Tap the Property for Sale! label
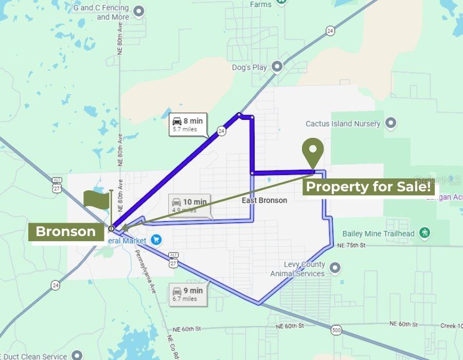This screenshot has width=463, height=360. click(x=368, y=187)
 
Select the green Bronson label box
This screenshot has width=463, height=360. click(x=65, y=232)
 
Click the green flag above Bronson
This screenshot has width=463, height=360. click(x=97, y=200)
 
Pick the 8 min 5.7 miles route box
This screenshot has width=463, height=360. click(x=188, y=125)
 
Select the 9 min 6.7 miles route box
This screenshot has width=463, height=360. click(x=188, y=294)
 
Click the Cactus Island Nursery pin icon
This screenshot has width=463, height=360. click(x=391, y=123)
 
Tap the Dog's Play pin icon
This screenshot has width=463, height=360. click(x=277, y=67)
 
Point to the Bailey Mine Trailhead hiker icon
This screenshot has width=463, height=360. click(x=424, y=233)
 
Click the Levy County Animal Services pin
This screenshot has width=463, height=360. click(x=335, y=268)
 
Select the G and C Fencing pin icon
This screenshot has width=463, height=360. click(x=138, y=11)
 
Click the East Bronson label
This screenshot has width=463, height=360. click(x=264, y=200)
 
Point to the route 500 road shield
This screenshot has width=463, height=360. click(x=336, y=330)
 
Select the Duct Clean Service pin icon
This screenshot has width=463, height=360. click(x=77, y=355)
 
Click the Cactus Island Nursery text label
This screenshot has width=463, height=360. click(x=343, y=123)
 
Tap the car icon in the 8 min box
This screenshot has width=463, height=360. click(x=177, y=121)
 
